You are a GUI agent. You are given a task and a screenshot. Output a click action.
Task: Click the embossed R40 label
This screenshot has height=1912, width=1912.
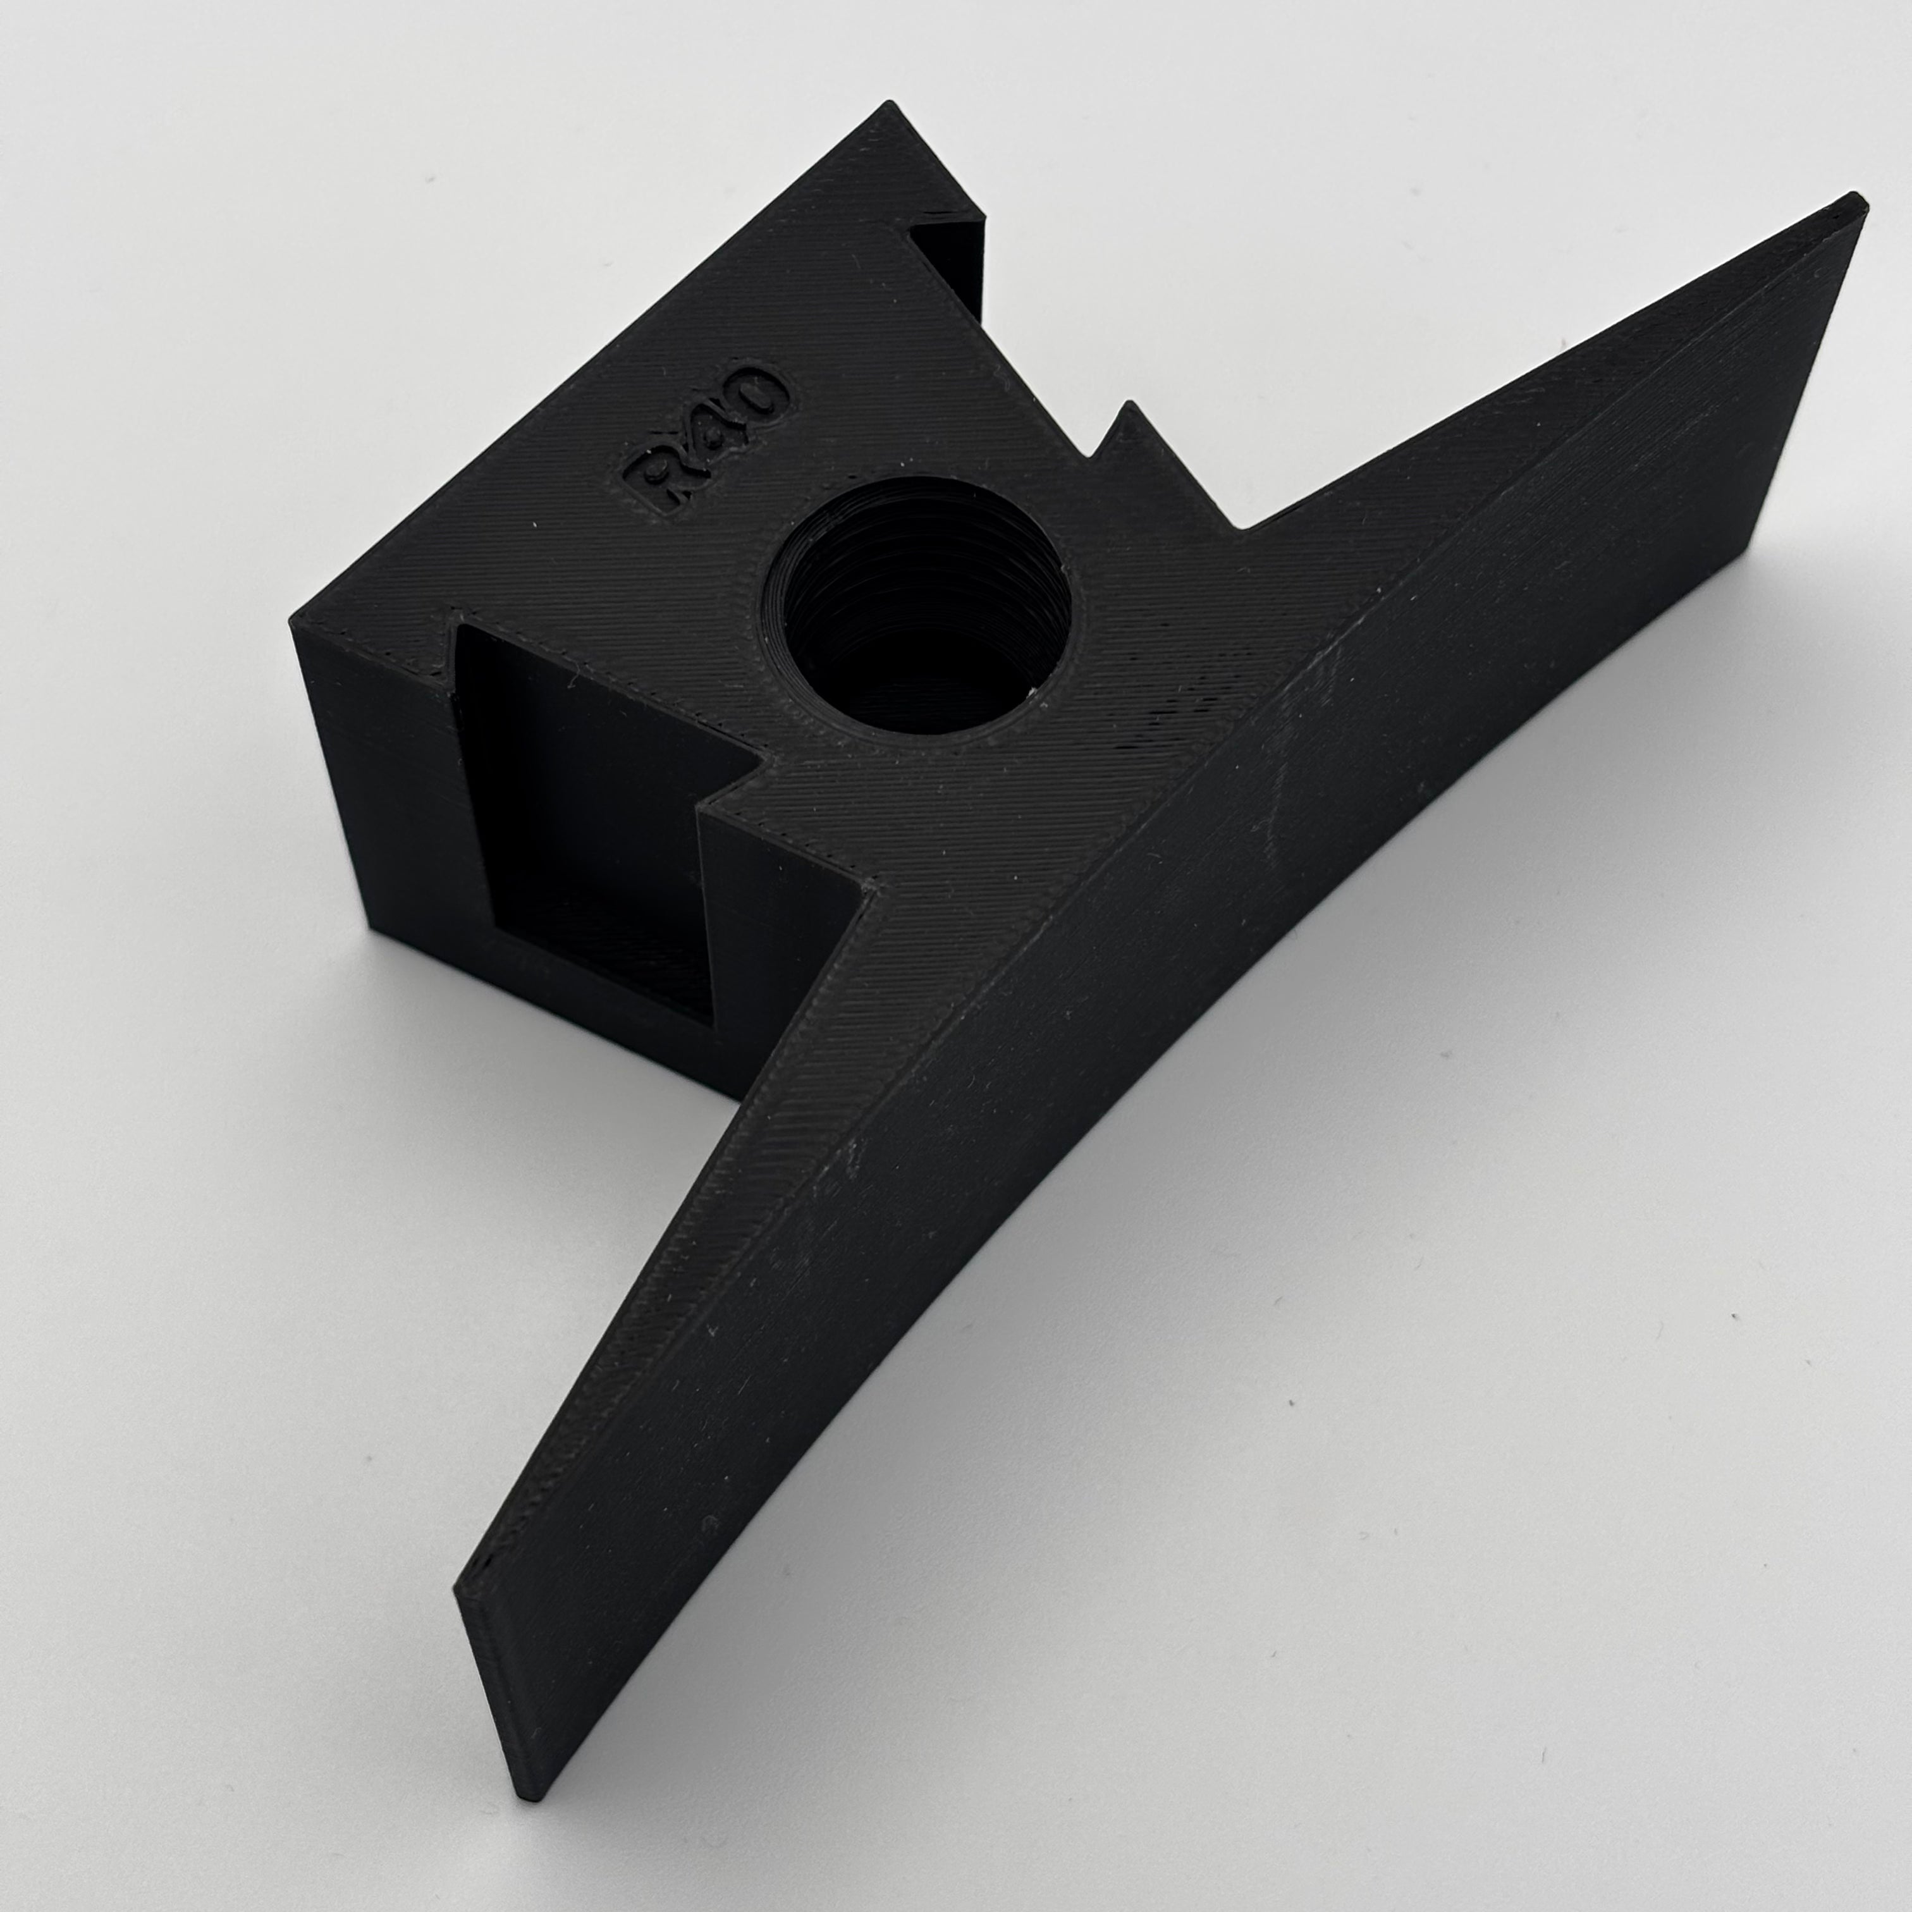(x=704, y=438)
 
